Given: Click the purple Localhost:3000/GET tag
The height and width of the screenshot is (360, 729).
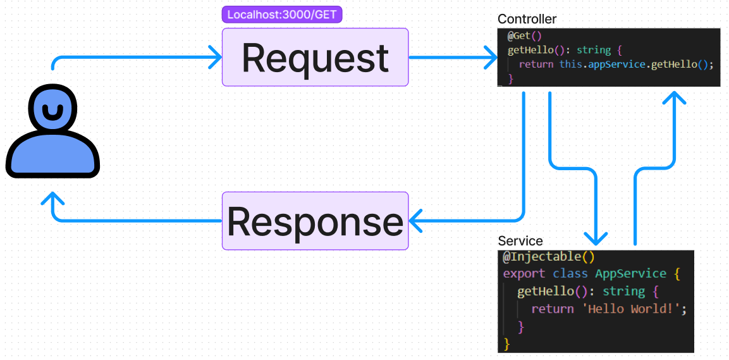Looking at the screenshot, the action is (282, 15).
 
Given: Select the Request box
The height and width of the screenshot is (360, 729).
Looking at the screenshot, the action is (315, 57).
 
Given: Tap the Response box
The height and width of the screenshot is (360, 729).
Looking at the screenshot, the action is (315, 221).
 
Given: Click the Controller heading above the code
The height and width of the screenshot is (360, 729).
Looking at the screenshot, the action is (527, 19).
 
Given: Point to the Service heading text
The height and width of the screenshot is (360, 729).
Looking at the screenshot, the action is (520, 241).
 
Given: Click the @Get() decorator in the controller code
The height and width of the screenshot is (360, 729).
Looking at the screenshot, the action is (525, 36).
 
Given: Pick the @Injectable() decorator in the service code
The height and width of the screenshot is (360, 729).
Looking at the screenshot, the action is (549, 256).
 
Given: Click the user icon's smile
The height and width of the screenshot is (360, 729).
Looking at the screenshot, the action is (52, 112).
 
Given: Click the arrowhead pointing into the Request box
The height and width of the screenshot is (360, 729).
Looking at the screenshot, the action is (215, 57).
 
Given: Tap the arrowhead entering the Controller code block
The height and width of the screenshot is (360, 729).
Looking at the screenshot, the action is (491, 57).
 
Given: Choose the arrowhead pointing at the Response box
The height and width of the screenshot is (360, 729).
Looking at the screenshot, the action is (415, 221).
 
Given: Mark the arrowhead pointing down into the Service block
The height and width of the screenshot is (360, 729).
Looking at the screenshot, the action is (596, 238).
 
